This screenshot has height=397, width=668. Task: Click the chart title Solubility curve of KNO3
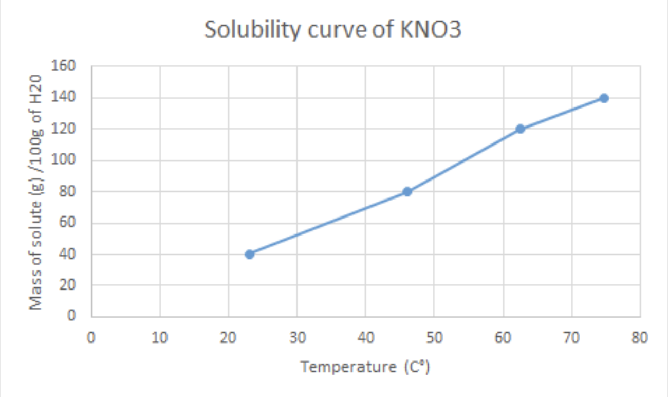point(333,30)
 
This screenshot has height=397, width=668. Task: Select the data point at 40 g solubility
point(250,254)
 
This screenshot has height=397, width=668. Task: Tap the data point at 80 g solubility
point(407,192)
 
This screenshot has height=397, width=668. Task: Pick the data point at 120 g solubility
point(520,129)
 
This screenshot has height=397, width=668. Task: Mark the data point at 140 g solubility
point(604,98)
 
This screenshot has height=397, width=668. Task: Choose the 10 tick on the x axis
point(160,338)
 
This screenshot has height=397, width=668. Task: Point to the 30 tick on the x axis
point(297,338)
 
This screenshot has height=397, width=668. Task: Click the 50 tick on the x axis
point(434,338)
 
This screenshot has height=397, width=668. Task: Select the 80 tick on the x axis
point(640,338)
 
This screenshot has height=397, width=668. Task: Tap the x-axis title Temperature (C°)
point(365,367)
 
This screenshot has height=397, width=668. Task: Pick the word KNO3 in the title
point(431,30)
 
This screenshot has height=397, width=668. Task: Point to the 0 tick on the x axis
point(91,338)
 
